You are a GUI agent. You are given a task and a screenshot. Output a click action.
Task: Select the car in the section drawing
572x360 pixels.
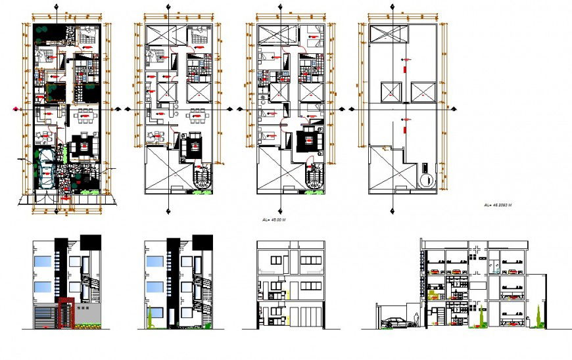393,323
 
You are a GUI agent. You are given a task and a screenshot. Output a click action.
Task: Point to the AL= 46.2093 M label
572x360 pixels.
497,206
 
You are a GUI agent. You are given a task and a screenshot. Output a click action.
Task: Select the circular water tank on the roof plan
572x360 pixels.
425,179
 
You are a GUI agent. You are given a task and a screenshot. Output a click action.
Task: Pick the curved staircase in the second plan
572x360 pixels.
202,177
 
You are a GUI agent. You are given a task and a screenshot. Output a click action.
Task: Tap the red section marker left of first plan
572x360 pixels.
16,109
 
